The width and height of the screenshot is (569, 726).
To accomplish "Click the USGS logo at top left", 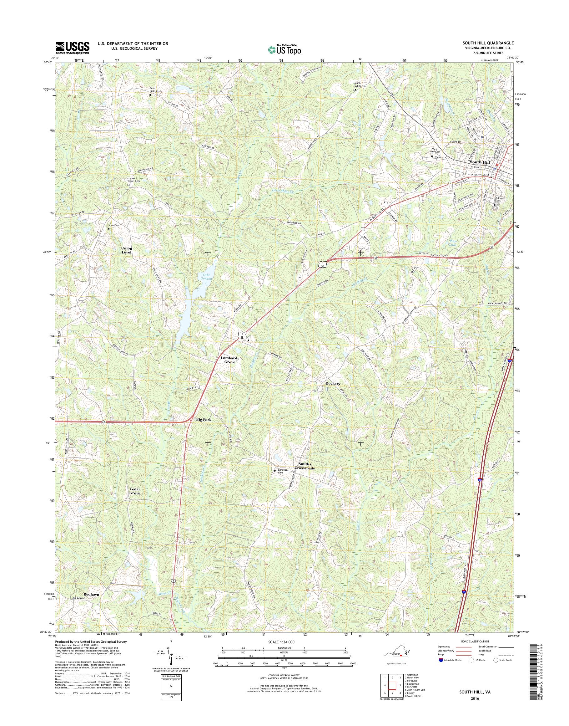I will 72,48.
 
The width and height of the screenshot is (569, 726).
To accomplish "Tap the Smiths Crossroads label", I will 306,466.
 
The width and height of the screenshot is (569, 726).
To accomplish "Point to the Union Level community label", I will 127,250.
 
